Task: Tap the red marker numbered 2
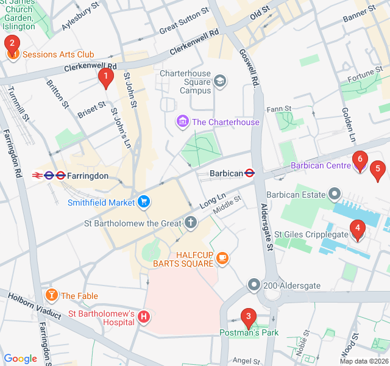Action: coord(12,44)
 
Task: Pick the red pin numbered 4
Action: coord(357,230)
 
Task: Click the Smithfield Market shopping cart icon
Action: coord(144,202)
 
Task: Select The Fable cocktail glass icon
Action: coord(52,296)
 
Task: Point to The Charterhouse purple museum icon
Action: coord(182,122)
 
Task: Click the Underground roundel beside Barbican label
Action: coord(250,173)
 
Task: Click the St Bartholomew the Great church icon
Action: coord(191,223)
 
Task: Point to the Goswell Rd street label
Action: coord(247,67)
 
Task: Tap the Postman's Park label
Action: coord(249,332)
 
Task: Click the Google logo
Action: coord(20,359)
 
